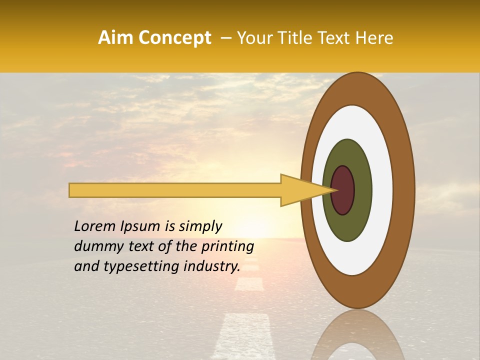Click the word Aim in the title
coord(115,38)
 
